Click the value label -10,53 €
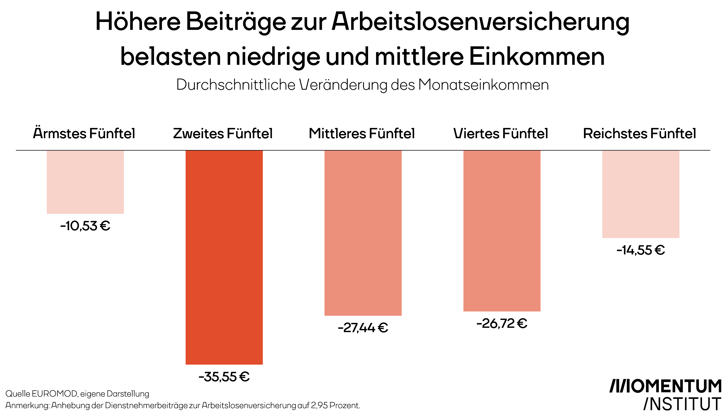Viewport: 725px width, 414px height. pos(85,226)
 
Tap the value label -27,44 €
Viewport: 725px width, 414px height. pos(363,328)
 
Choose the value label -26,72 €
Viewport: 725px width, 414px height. pos(502,324)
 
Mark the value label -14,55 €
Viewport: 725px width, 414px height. pos(641,250)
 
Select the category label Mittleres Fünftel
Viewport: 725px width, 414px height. pos(362,133)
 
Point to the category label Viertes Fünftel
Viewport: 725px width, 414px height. pos(501,133)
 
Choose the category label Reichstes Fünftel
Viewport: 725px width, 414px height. pos(640,133)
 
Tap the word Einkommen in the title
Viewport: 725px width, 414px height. pos(537,57)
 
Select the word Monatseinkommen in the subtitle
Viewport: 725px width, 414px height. pos(483,85)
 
